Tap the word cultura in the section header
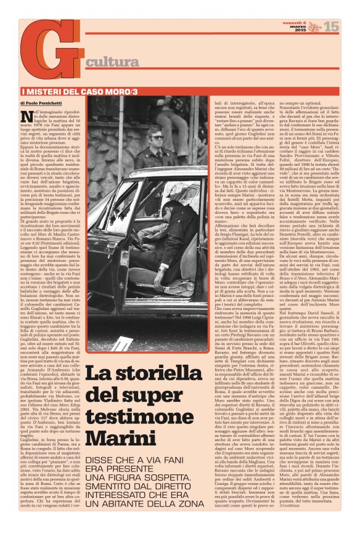(112, 62)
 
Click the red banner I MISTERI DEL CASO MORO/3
(61, 91)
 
